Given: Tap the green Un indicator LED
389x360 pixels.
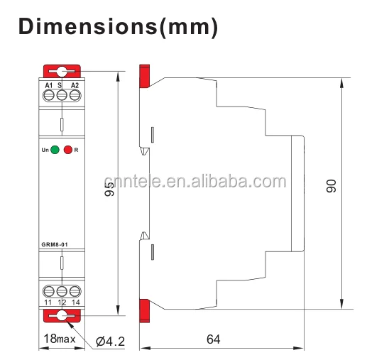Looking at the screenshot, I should click(55, 150).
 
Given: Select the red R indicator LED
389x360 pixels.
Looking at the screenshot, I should click(68, 150).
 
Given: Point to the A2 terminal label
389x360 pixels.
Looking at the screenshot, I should click(74, 85).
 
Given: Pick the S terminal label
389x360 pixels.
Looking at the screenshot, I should click(60, 85).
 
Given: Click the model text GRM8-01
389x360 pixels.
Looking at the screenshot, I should click(55, 246).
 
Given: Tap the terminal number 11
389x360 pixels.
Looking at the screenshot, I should click(49, 302).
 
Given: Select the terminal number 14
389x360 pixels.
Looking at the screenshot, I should click(75, 302).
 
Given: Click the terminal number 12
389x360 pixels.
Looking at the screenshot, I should click(62, 302).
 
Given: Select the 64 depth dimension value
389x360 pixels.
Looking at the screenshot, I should click(213, 339).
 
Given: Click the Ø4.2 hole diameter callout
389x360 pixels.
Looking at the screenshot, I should click(110, 342).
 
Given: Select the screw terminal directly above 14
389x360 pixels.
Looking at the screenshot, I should click(74, 291).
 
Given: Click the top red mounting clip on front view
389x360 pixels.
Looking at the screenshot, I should click(62, 72).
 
